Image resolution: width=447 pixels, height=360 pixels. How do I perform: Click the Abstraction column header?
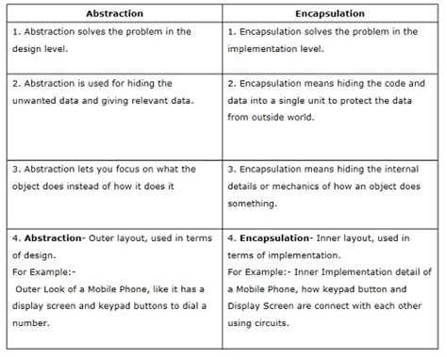113,14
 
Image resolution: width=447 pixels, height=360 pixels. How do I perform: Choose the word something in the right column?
256,205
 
